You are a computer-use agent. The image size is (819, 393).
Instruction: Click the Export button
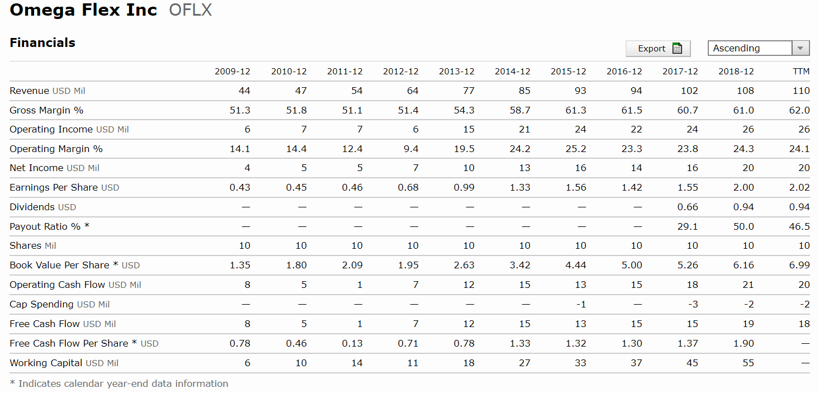658,49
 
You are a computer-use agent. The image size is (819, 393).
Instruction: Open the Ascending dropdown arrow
801,49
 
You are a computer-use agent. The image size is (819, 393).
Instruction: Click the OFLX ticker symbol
190,10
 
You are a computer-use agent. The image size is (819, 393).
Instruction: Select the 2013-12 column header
456,72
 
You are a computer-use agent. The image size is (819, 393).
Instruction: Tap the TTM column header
801,72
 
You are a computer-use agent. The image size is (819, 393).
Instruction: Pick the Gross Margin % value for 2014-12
520,110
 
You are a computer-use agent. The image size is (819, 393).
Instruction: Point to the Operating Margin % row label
56,149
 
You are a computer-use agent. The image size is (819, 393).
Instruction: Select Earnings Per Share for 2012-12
408,187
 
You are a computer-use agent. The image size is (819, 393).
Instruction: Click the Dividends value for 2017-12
688,207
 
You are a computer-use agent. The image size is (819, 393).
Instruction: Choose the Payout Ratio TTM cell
799,226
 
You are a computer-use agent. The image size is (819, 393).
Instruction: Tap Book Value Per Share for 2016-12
632,265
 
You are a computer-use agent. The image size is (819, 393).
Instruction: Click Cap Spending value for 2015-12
580,304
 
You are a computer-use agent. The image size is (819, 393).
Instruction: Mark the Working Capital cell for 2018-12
748,363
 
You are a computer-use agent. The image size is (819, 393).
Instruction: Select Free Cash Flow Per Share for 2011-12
352,343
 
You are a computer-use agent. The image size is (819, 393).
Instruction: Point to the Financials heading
42,43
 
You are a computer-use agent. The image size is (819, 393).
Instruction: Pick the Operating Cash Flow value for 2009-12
247,285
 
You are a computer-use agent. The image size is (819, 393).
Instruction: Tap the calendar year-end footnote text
119,383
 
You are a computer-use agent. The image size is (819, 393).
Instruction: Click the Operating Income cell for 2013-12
468,130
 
